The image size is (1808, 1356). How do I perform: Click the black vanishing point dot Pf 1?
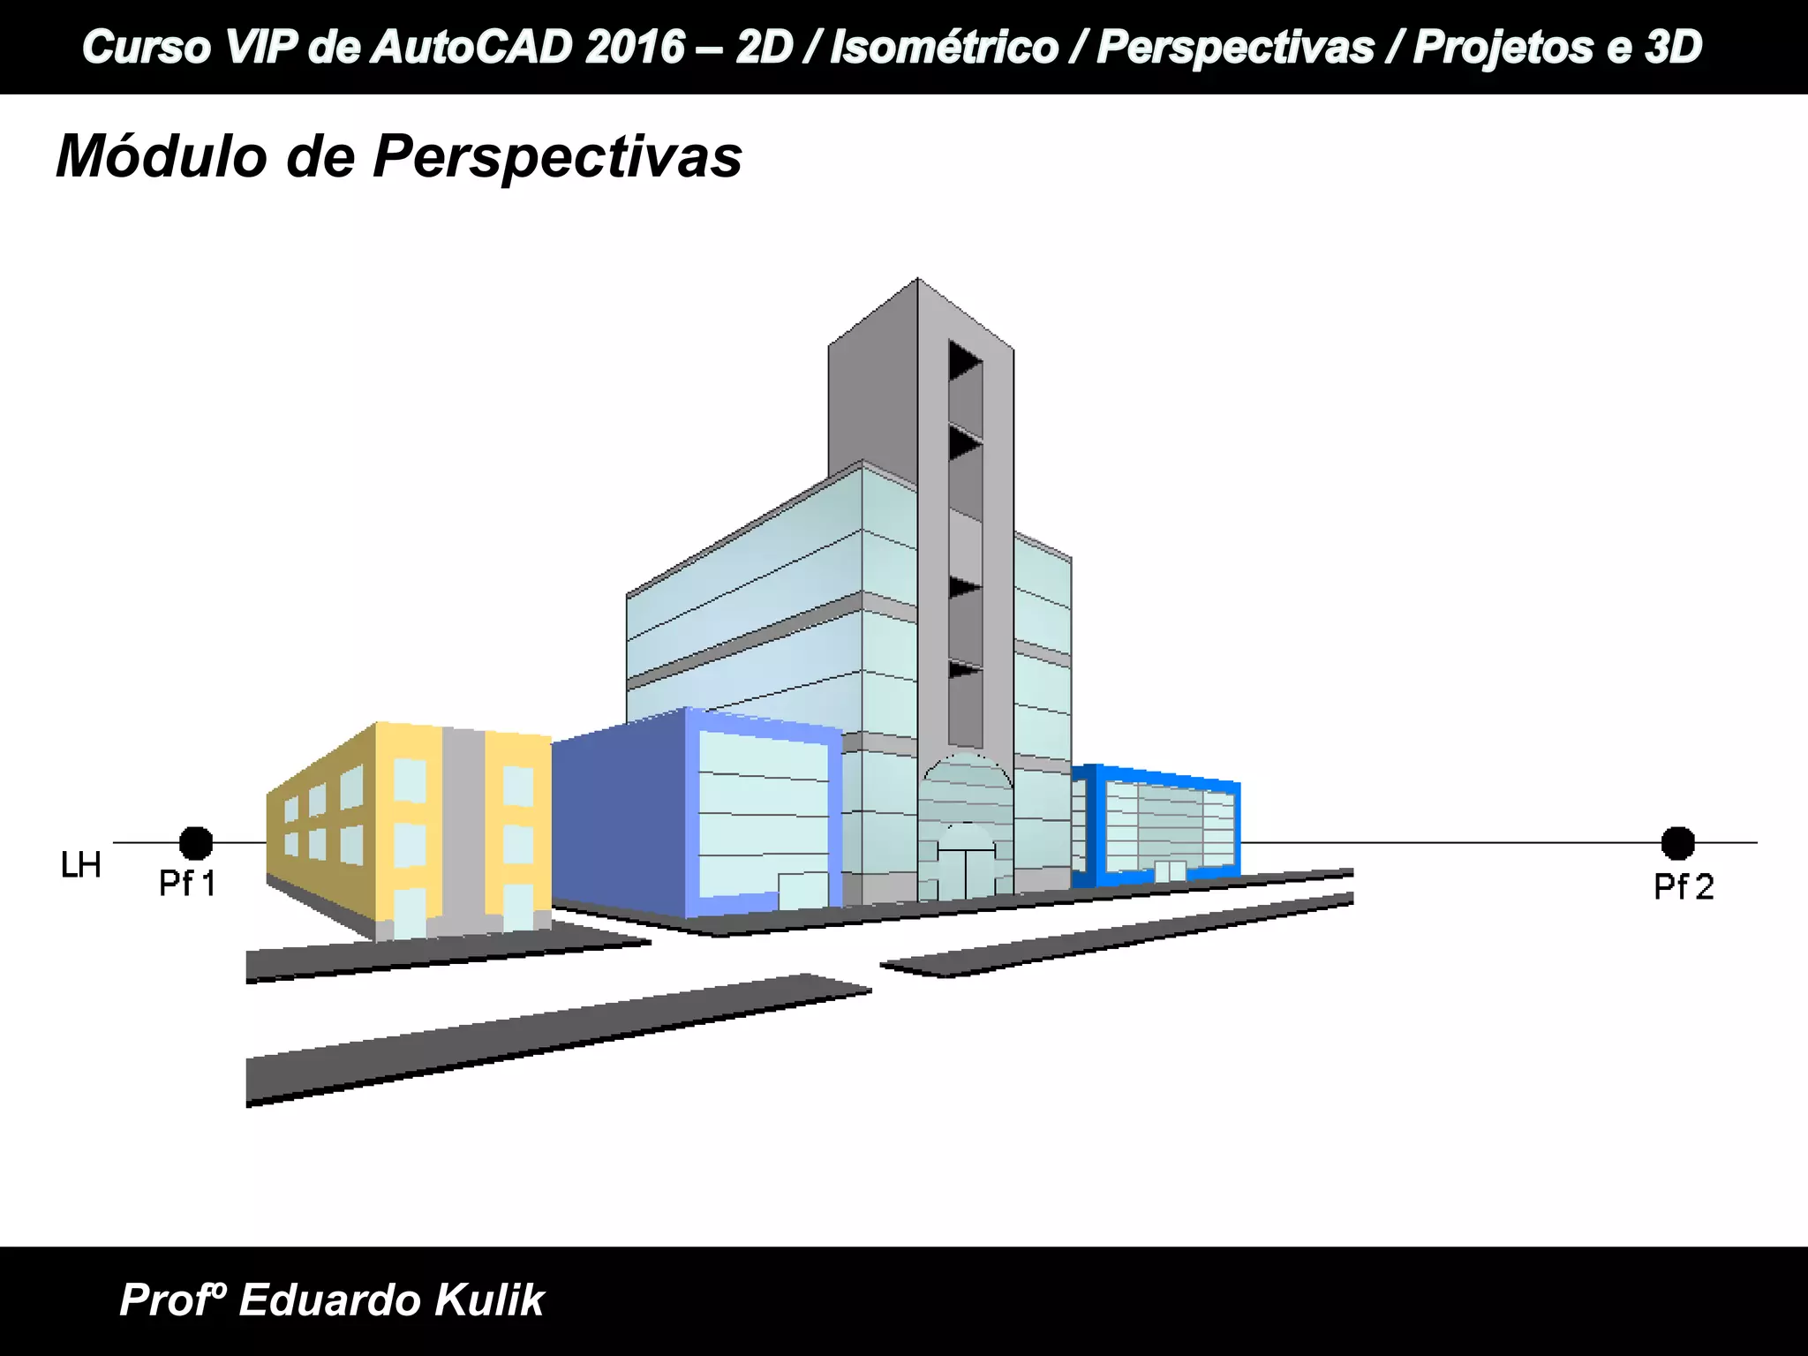click(x=196, y=843)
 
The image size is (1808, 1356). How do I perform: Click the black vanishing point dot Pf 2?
click(x=1677, y=843)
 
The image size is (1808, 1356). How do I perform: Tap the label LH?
click(x=81, y=866)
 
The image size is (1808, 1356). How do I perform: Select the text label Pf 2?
click(x=1684, y=887)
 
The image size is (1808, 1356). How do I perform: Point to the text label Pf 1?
click(x=187, y=884)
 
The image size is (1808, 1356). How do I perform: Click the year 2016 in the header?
click(x=633, y=47)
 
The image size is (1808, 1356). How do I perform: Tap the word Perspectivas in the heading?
click(x=557, y=158)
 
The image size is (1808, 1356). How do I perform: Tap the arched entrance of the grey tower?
click(x=966, y=830)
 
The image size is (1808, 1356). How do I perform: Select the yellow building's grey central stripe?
click(x=463, y=830)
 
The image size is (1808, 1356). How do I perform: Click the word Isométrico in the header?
click(x=943, y=47)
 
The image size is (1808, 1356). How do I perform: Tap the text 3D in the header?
click(x=1672, y=47)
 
